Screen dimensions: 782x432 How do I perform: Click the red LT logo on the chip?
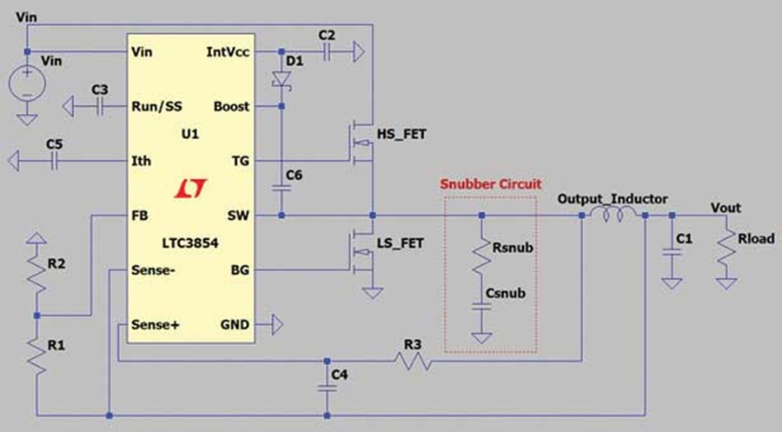pos(190,188)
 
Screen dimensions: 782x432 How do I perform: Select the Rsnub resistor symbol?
pos(481,257)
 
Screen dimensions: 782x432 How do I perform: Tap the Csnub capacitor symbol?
pos(481,306)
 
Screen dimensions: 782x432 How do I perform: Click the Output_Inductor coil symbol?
pos(613,215)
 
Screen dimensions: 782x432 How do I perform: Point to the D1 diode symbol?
pos(282,80)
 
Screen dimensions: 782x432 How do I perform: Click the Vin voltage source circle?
pos(27,83)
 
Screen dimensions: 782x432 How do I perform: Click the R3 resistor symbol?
pos(414,361)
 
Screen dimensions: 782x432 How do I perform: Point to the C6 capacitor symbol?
pos(282,188)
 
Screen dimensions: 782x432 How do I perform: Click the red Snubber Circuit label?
pos(491,184)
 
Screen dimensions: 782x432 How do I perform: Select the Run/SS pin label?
pos(156,107)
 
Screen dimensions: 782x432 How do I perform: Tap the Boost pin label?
pos(231,106)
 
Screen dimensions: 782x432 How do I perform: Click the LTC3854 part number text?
pos(190,243)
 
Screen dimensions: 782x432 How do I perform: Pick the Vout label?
pos(726,208)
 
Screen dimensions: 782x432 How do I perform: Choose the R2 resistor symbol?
pos(36,273)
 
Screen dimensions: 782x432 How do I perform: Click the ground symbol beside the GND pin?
pos(277,325)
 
